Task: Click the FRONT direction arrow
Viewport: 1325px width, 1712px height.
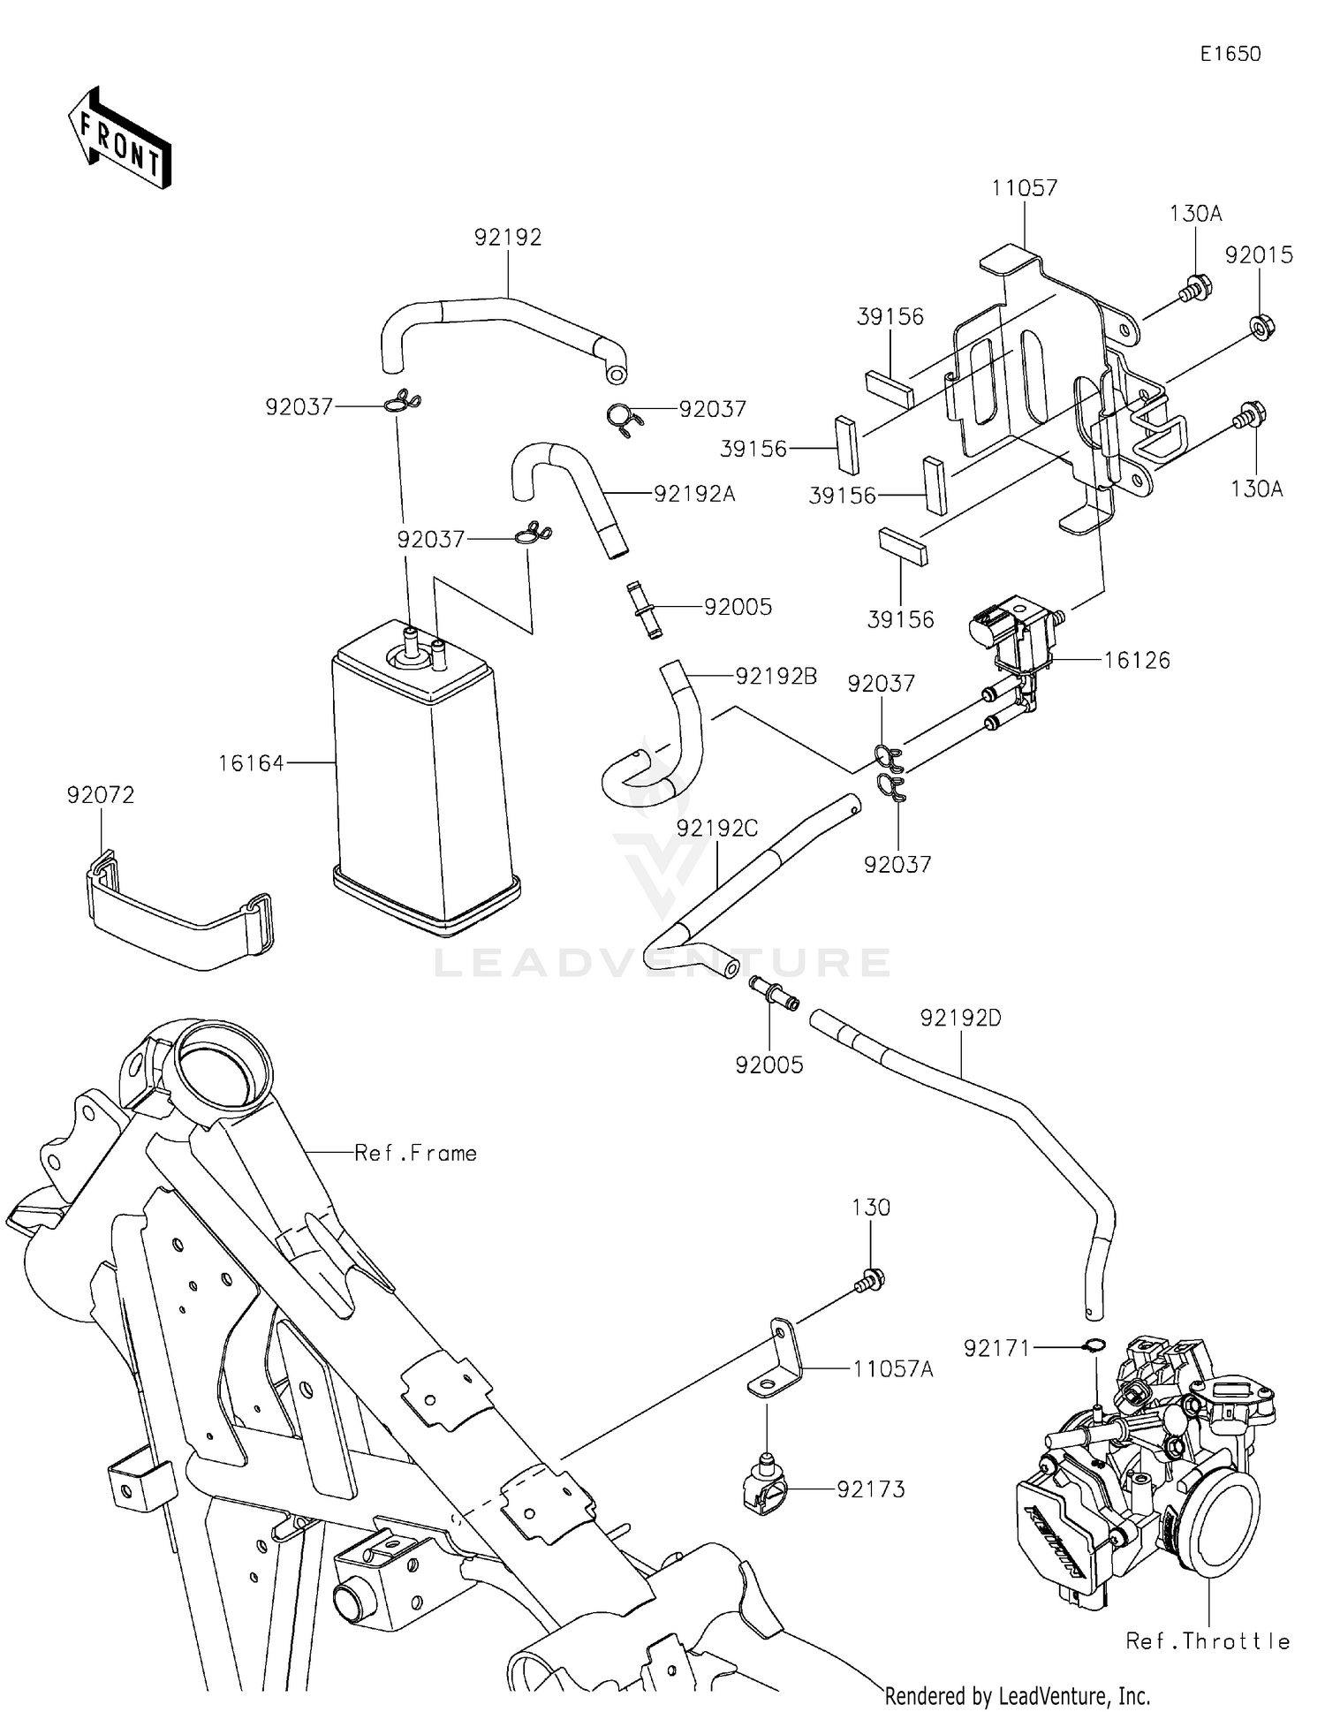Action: click(119, 140)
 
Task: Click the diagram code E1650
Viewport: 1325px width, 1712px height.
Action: click(1230, 54)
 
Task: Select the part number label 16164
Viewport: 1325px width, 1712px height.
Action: click(251, 762)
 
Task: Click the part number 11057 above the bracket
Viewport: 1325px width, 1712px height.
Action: click(1024, 188)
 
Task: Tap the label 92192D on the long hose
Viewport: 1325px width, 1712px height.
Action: click(960, 1019)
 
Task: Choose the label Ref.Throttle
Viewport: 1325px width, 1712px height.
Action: click(1208, 1641)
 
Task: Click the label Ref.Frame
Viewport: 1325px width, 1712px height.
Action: click(415, 1153)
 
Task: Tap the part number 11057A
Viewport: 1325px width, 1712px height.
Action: click(892, 1369)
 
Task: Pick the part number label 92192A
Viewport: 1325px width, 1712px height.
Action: click(694, 494)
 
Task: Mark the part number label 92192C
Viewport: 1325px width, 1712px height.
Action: click(717, 829)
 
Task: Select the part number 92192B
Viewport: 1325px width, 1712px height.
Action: click(776, 677)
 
